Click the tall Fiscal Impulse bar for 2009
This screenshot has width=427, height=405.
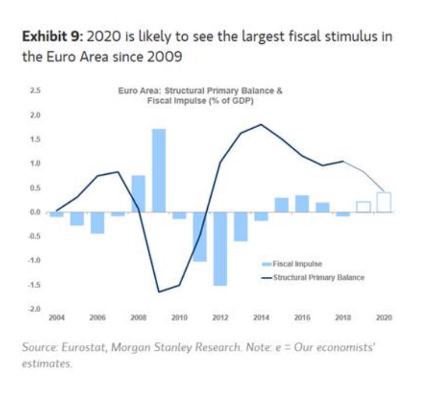tap(159, 170)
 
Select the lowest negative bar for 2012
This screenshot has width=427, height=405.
tap(220, 248)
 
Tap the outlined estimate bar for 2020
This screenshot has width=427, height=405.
tap(384, 202)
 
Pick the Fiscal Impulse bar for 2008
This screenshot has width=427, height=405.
tap(138, 194)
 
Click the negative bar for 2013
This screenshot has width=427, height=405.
tap(241, 226)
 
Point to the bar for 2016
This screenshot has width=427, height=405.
tap(302, 203)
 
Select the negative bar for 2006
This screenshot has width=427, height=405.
tap(97, 223)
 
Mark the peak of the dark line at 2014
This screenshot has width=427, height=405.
tap(261, 124)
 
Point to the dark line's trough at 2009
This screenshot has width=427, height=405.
tap(159, 292)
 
